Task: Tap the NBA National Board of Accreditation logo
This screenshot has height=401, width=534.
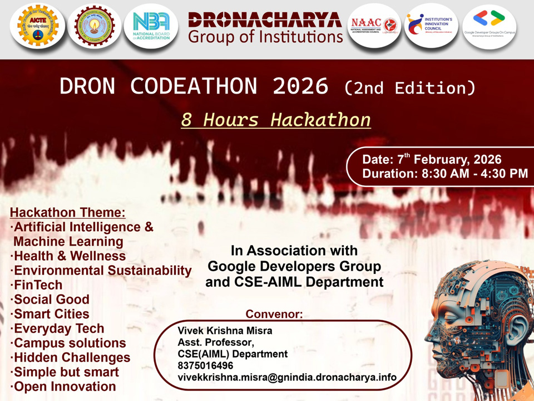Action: point(151,26)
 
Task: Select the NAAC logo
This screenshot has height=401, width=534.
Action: point(374,26)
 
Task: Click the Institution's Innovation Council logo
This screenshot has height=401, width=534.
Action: point(431,26)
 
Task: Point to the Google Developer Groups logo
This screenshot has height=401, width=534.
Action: point(489,26)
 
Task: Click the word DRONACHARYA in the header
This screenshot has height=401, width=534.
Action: point(265,21)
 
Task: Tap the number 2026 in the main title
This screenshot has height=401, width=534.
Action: point(300,86)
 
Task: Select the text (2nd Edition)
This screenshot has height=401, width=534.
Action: point(410,87)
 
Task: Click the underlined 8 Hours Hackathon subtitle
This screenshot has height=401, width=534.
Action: point(276,120)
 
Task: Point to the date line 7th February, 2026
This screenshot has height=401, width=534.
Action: point(432,159)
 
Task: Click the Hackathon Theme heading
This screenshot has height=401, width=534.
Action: point(68,213)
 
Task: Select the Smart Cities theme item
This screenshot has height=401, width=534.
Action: point(51,314)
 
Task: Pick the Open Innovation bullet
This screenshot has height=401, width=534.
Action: point(64,387)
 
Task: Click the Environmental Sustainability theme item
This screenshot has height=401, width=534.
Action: point(102,271)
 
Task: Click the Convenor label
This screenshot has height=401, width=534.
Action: point(274,314)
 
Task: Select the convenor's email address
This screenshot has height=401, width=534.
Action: point(287,377)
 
